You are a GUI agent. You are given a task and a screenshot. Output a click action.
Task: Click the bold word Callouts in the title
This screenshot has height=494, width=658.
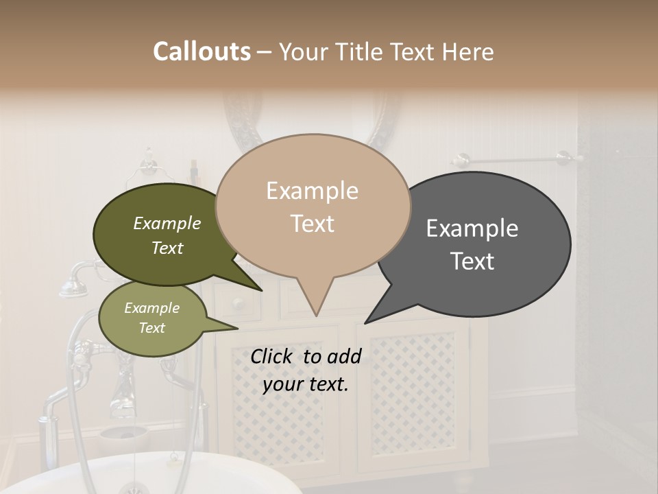[202, 51]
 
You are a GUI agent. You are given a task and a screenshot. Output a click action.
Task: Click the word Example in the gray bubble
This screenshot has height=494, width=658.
[472, 228]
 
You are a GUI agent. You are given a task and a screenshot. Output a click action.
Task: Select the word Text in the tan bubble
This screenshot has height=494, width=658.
[313, 224]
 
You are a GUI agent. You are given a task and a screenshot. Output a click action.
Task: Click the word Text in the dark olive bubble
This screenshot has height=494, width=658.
[167, 248]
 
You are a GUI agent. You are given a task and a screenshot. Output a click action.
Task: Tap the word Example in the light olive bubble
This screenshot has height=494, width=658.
[151, 308]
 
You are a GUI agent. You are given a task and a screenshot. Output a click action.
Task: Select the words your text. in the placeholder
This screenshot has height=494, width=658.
[306, 384]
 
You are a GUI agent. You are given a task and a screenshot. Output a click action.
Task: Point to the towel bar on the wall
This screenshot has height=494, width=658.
[514, 160]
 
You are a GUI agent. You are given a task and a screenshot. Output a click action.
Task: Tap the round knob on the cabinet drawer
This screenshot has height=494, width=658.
[237, 303]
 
